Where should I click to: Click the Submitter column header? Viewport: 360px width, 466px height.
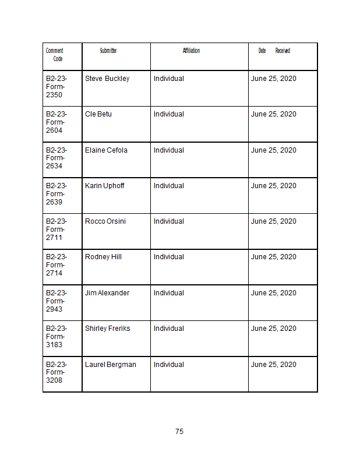[x=108, y=51]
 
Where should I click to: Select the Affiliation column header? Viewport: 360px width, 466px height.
[x=191, y=51]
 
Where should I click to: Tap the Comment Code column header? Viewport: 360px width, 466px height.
[x=55, y=55]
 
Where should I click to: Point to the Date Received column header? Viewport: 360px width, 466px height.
[x=274, y=51]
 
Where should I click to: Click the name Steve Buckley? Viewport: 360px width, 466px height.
[x=107, y=79]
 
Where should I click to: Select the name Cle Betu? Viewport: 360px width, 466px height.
[x=98, y=114]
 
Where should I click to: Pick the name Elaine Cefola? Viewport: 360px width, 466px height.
[x=106, y=150]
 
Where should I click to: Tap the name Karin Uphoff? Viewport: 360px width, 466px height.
[x=105, y=186]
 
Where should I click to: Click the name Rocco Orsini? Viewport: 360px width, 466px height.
[x=105, y=221]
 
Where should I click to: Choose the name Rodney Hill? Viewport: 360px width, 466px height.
[x=103, y=257]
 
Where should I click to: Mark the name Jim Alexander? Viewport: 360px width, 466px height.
[x=107, y=293]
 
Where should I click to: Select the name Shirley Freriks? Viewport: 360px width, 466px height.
[x=108, y=329]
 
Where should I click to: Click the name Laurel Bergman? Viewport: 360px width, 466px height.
[x=111, y=365]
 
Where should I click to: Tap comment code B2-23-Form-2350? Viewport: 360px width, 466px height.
[x=56, y=86]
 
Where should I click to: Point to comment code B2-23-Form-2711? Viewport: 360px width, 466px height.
[x=56, y=229]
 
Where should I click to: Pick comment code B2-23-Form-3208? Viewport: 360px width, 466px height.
[x=56, y=372]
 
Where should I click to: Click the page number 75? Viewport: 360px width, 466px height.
[x=179, y=432]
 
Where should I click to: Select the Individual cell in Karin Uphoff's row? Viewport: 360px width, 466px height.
[x=169, y=186]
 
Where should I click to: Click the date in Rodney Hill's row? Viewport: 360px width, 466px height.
[x=274, y=257]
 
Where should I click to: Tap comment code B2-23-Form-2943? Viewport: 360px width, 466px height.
[x=56, y=301]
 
